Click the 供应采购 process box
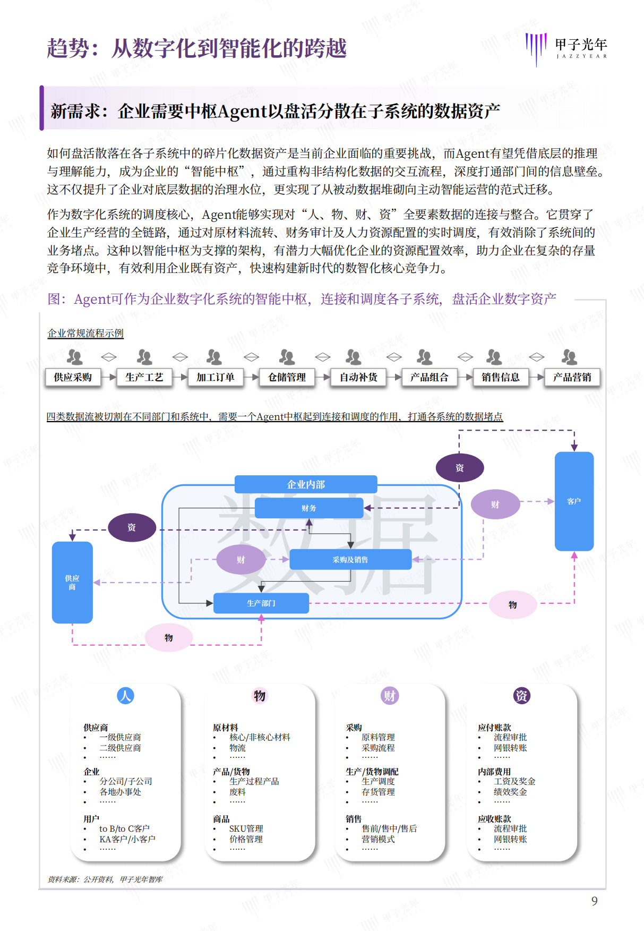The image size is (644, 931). [73, 377]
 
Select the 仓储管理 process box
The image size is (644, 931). [287, 377]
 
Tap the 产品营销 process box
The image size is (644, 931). [572, 377]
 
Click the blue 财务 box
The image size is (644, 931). [309, 508]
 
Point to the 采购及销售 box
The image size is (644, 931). [350, 560]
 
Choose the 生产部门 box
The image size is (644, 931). [261, 603]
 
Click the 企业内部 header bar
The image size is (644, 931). [306, 484]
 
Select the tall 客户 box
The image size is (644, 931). [574, 501]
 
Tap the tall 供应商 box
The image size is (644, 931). [72, 583]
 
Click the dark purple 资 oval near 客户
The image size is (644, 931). [460, 468]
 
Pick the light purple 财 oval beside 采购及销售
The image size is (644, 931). [241, 560]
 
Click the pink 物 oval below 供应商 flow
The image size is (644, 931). [169, 637]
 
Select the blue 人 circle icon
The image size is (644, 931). [125, 696]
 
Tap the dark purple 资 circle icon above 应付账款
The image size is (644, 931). [521, 696]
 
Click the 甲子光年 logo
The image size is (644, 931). [566, 48]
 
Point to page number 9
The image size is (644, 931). [594, 901]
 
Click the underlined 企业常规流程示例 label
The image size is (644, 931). [85, 334]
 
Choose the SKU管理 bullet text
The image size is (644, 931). [246, 828]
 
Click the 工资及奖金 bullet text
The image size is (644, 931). [514, 781]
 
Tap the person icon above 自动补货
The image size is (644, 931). [353, 357]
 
